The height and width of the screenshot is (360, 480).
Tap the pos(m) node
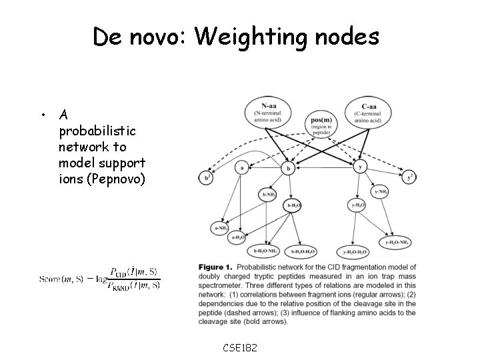click(x=321, y=124)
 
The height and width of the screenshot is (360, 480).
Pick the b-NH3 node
click(x=268, y=194)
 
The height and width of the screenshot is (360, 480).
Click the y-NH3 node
click(x=380, y=193)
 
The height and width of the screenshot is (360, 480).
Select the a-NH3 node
click(x=221, y=227)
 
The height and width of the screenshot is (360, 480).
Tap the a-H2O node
click(x=238, y=237)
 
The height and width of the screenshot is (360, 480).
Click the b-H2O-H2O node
click(x=301, y=251)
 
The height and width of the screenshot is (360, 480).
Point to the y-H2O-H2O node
click(x=353, y=251)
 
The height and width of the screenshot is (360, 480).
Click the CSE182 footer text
click(x=240, y=347)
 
